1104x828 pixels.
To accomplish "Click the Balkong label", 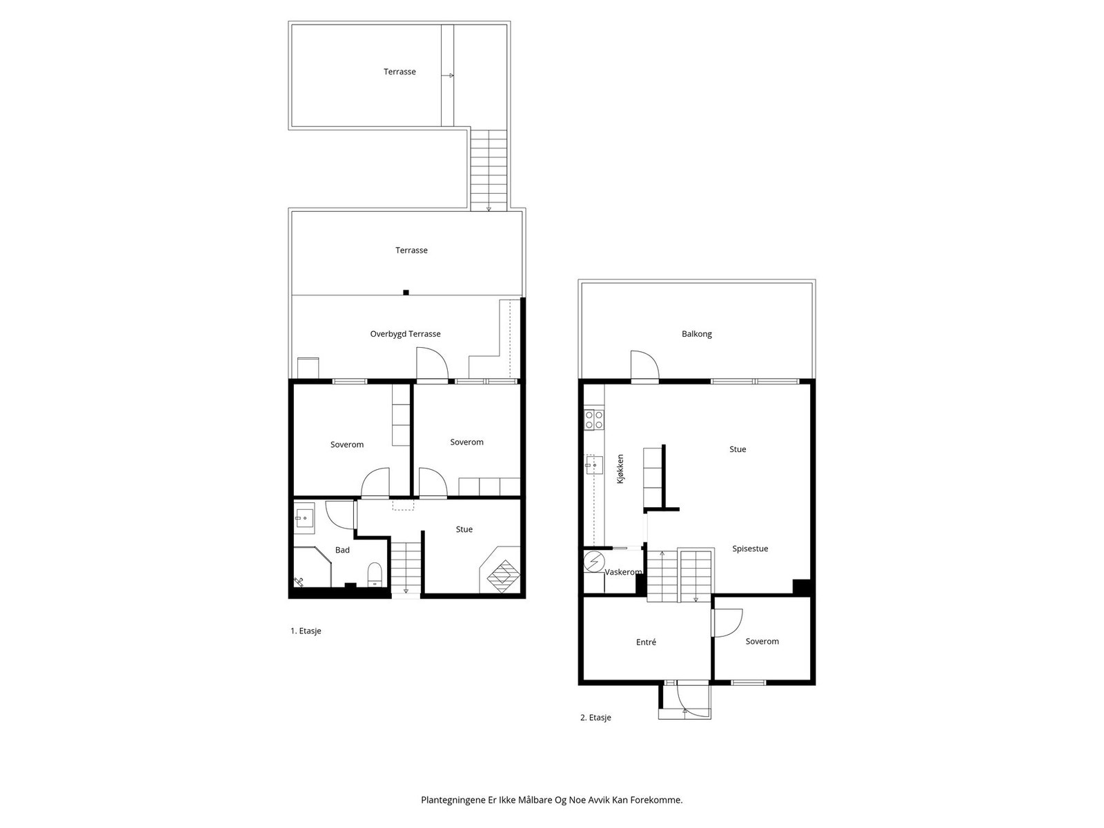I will [696, 334].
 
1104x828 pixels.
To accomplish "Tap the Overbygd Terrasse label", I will [405, 334].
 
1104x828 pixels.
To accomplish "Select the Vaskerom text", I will [623, 572].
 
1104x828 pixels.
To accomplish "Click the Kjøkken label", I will [620, 469].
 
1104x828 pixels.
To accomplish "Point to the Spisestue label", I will [750, 549].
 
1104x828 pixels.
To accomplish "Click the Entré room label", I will [646, 642].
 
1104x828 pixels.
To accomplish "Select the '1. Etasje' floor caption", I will [306, 631].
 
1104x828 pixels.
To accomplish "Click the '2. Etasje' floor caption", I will [595, 718].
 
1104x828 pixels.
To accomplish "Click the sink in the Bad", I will [304, 516].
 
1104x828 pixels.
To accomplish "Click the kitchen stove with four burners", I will [594, 420].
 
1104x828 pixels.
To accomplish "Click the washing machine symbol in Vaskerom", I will [593, 562].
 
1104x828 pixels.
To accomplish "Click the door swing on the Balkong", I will [643, 365].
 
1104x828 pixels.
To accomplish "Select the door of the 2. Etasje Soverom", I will [727, 622].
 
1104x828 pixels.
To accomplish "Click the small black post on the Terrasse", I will [406, 293].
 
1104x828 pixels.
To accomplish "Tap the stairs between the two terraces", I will [489, 169].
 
